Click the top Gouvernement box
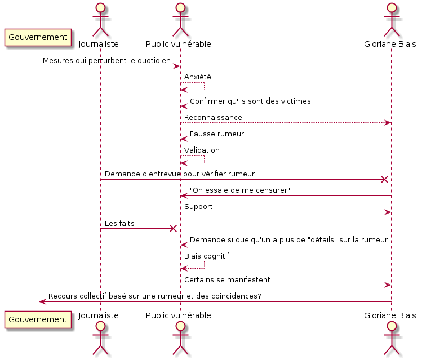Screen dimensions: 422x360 pyautogui.click(x=38, y=37)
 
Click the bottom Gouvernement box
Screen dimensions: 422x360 pyautogui.click(x=38, y=319)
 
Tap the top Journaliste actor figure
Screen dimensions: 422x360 pyautogui.click(x=100, y=20)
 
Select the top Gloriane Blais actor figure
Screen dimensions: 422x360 pyautogui.click(x=392, y=20)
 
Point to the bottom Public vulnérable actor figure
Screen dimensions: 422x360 pyautogui.click(x=180, y=338)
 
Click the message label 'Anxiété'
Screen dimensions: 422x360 pyautogui.click(x=198, y=77)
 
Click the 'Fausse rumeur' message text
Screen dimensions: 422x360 pyautogui.click(x=217, y=134)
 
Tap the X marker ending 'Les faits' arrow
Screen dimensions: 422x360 pyautogui.click(x=173, y=229)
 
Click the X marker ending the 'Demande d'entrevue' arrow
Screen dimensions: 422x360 pyautogui.click(x=384, y=180)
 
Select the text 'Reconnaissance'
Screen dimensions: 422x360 pyautogui.click(x=213, y=118)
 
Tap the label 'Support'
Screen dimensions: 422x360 pyautogui.click(x=198, y=207)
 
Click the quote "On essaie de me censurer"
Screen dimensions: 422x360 pyautogui.click(x=240, y=190)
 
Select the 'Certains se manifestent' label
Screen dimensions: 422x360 pyautogui.click(x=227, y=280)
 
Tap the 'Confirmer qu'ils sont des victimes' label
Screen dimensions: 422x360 pyautogui.click(x=250, y=101)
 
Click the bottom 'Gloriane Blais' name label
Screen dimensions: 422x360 pyautogui.click(x=390, y=315)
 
